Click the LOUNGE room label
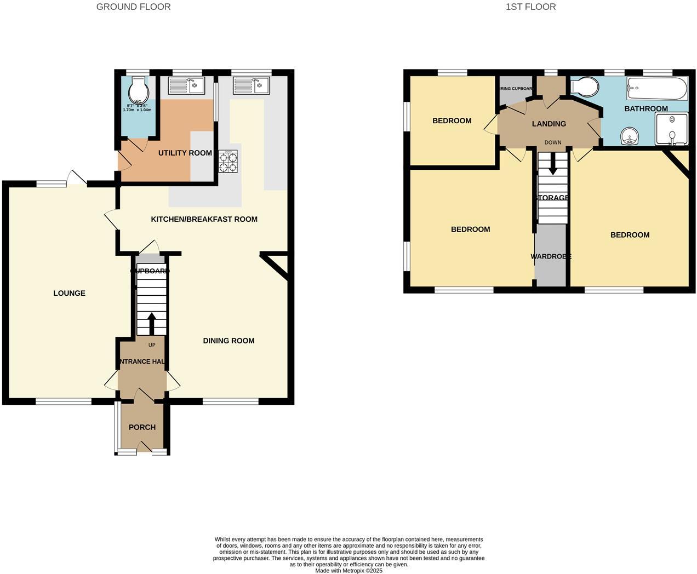[69, 293]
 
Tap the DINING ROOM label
[228, 341]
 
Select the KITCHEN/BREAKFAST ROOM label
[204, 219]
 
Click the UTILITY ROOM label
[185, 153]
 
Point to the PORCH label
[142, 427]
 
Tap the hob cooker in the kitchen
[228, 162]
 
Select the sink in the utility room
[186, 86]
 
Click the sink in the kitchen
[252, 86]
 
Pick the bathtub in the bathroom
[657, 88]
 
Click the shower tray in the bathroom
[671, 129]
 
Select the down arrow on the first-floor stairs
[552, 164]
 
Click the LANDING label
[549, 124]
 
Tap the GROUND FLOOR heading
[133, 7]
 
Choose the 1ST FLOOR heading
[530, 7]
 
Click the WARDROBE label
[551, 256]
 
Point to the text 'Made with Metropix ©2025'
[348, 571]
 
